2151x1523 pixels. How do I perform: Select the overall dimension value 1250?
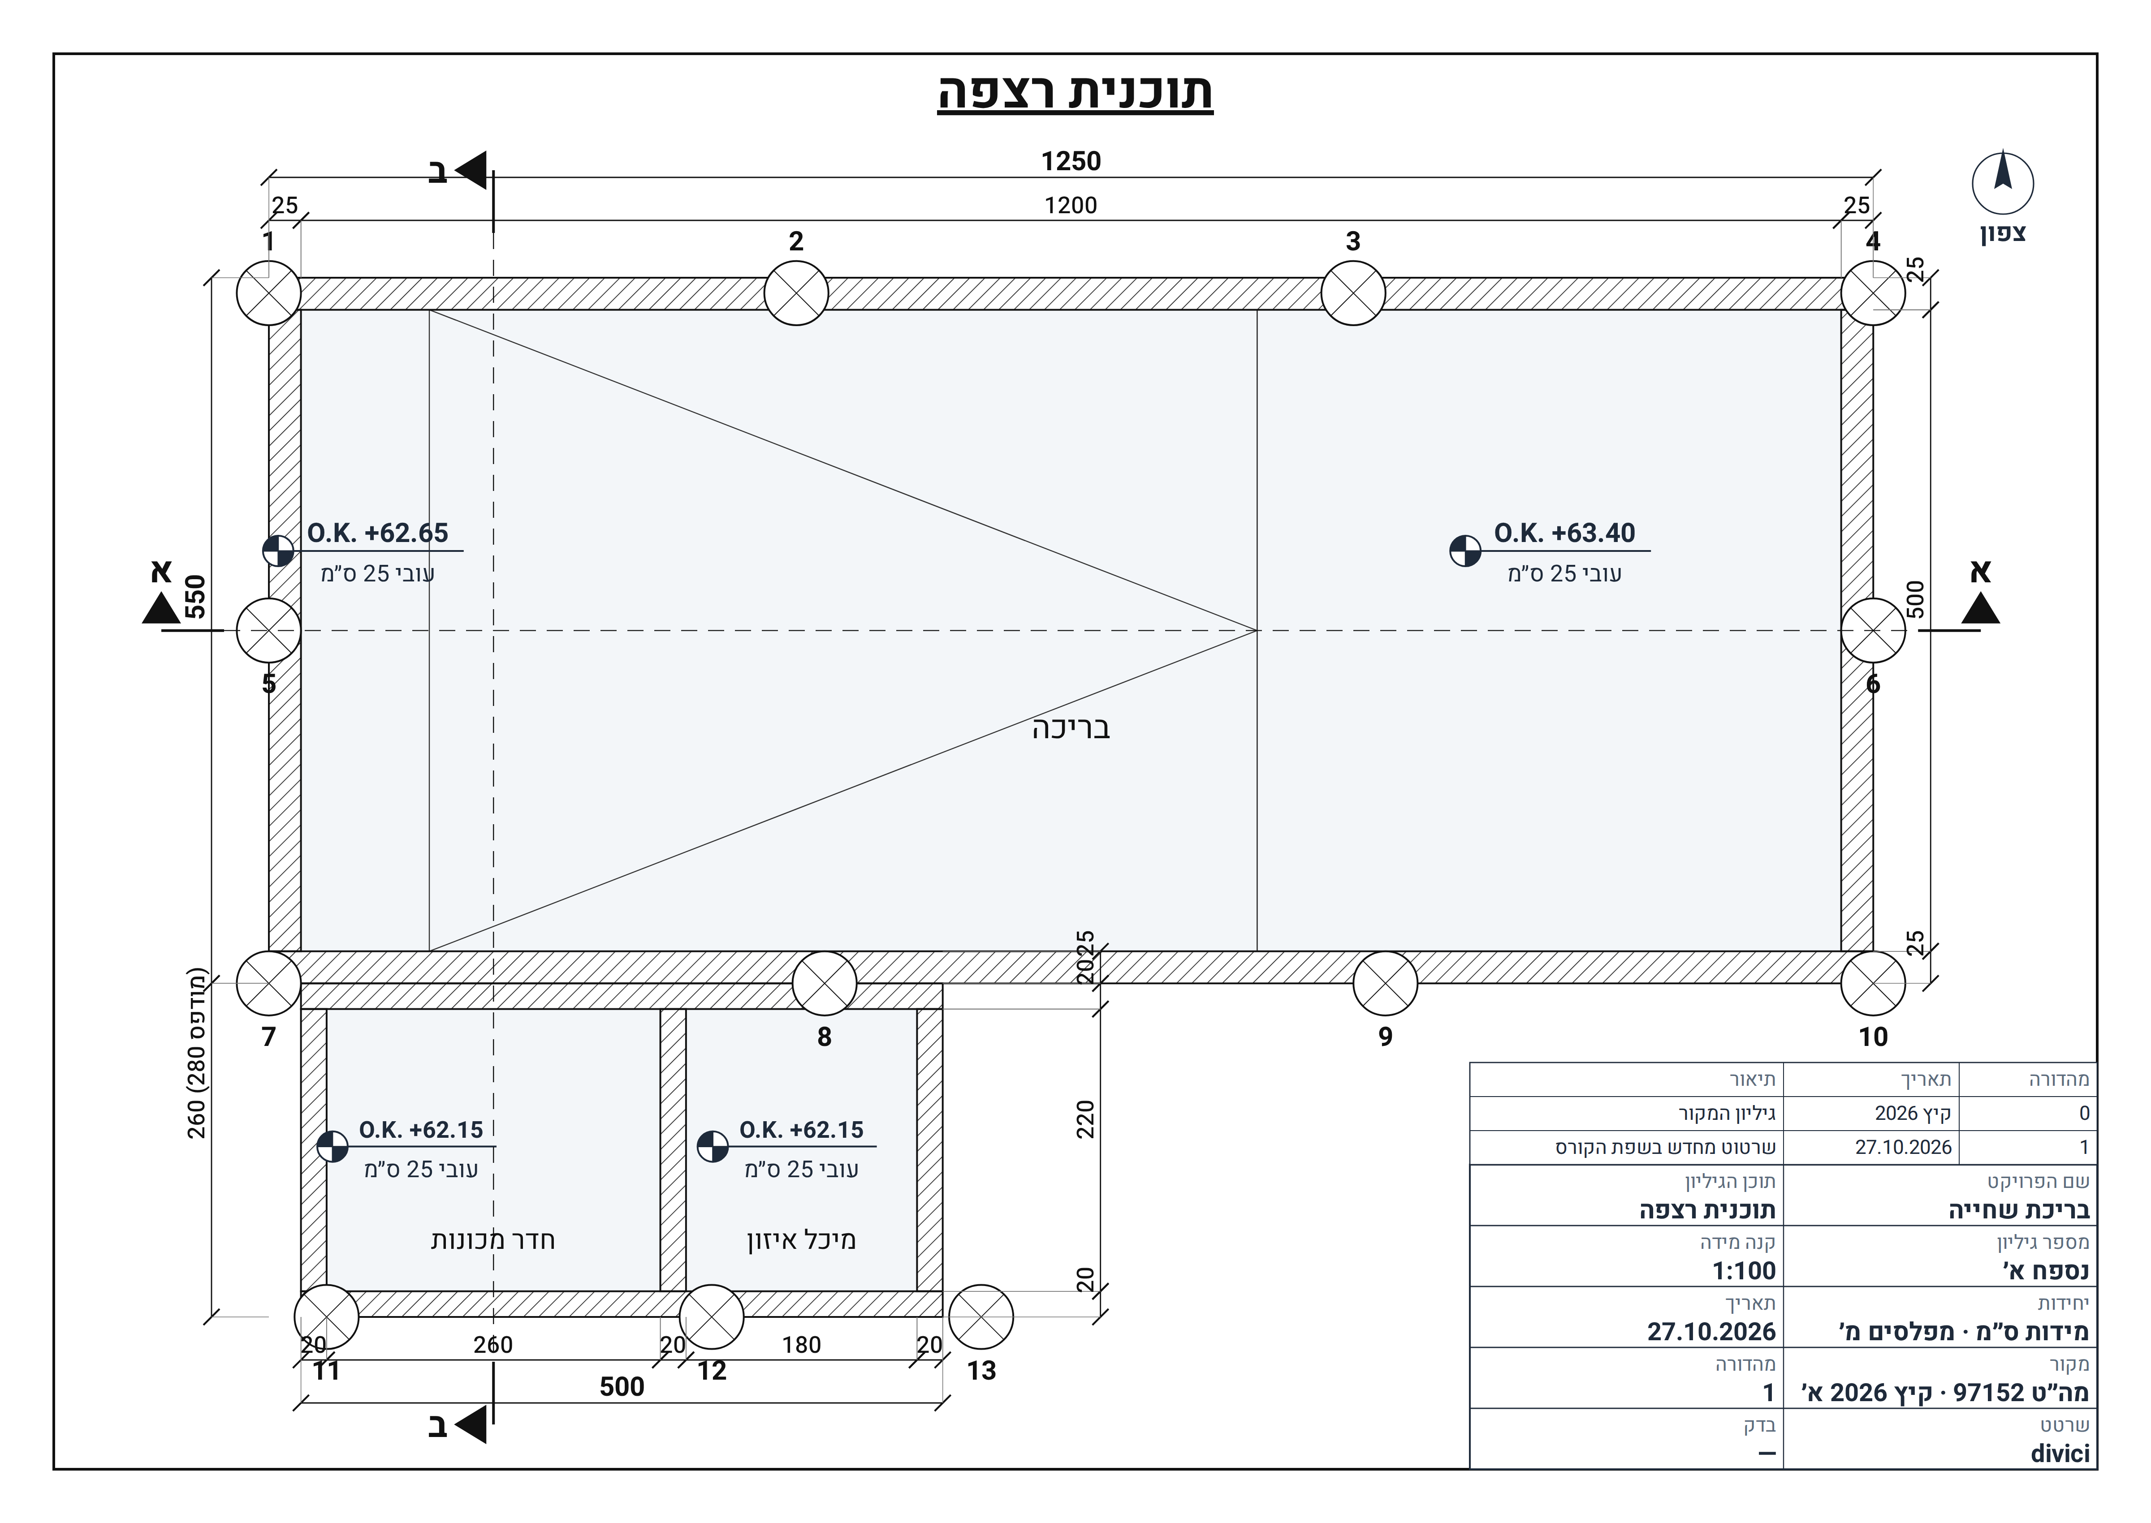pyautogui.click(x=1070, y=161)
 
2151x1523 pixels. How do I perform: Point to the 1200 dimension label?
pyautogui.click(x=1070, y=205)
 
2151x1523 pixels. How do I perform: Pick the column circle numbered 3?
pyautogui.click(x=1353, y=293)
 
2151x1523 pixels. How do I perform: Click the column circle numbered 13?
pyautogui.click(x=981, y=1316)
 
